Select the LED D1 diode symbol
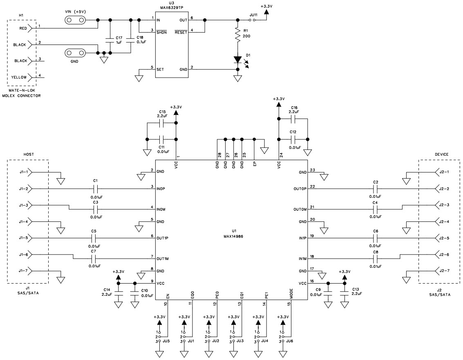[x=237, y=60]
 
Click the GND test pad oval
[x=76, y=53]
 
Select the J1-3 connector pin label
[x=23, y=205]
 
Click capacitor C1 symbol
[x=95, y=189]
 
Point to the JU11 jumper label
[x=253, y=15]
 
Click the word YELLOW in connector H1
[x=19, y=77]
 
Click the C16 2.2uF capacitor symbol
[x=293, y=119]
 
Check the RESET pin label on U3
[x=181, y=32]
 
